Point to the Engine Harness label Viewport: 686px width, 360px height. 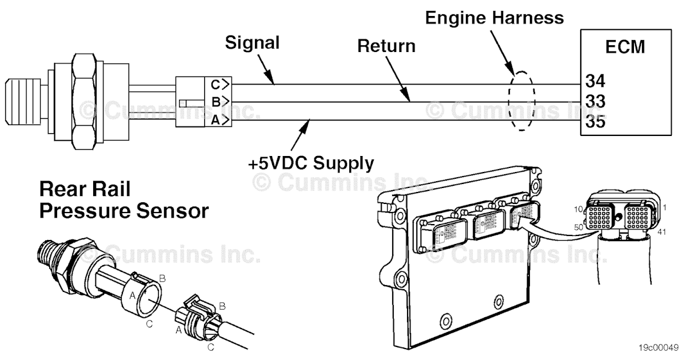pyautogui.click(x=494, y=17)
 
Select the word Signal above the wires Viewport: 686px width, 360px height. pyautogui.click(x=252, y=42)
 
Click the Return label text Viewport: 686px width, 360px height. pyautogui.click(x=386, y=46)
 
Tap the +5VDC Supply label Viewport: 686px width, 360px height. pyautogui.click(x=311, y=163)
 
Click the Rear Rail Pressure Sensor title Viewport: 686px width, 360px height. pyautogui.click(x=123, y=200)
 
